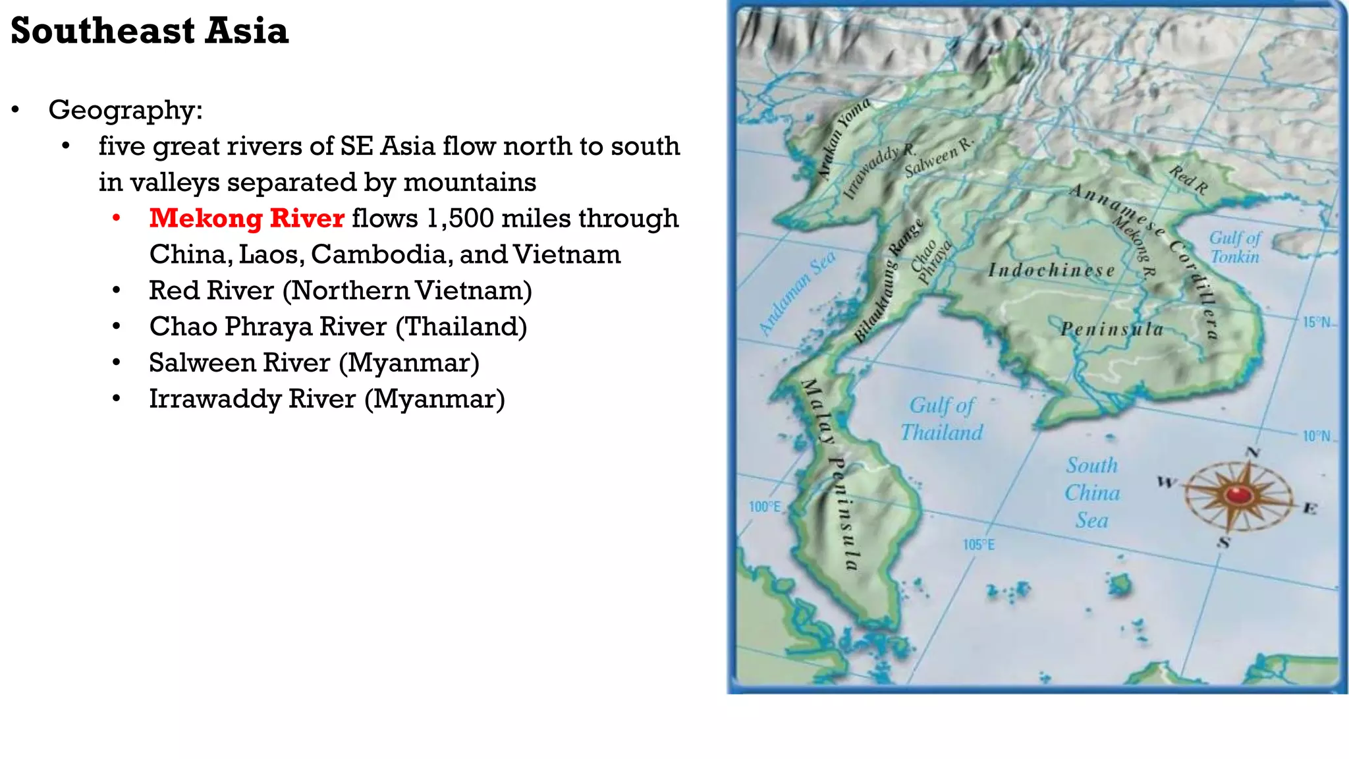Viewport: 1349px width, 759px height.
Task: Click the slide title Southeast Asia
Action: tap(150, 31)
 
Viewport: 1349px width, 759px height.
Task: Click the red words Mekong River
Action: tap(246, 218)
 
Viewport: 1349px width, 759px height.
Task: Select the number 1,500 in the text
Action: tap(460, 218)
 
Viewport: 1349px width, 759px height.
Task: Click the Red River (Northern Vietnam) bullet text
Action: tap(340, 291)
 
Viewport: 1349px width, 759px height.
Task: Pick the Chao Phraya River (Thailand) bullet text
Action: tap(338, 327)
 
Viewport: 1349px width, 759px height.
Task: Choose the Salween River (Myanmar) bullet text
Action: tap(314, 363)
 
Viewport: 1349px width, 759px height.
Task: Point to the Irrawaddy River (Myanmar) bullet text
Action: tap(327, 399)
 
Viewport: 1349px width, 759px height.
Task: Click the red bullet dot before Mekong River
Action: tap(117, 218)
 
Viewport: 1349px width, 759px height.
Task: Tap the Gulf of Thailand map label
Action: tap(942, 419)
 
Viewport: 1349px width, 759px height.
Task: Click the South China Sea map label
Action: tap(1092, 493)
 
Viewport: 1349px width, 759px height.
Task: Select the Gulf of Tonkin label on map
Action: tap(1234, 247)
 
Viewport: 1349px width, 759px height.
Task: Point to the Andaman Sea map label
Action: tap(797, 293)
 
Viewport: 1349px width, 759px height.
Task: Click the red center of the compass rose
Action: tap(1238, 494)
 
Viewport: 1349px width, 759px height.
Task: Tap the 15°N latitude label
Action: tap(1317, 322)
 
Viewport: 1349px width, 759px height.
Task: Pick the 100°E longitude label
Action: tap(765, 507)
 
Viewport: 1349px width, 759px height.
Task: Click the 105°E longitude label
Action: tap(979, 545)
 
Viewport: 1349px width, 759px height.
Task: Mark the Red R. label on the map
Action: tap(1188, 180)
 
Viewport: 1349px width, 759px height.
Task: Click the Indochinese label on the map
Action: tap(1051, 270)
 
